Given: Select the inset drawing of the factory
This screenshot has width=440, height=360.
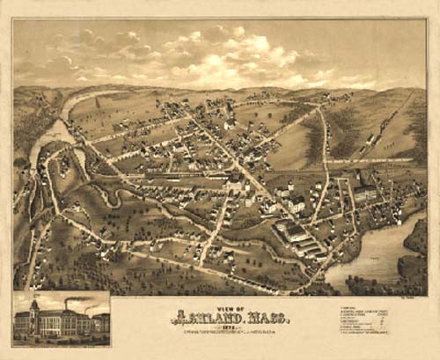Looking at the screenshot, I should pos(61,318).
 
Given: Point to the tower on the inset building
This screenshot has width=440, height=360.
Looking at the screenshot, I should pos(34,308).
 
